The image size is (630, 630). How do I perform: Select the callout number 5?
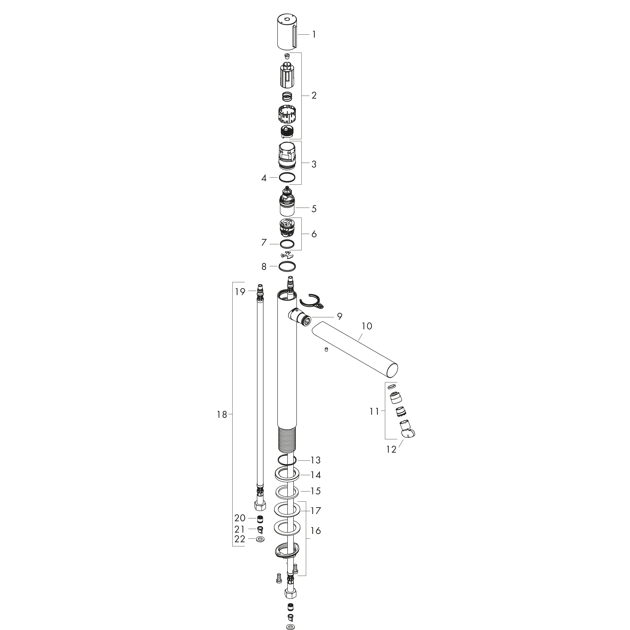pyautogui.click(x=314, y=209)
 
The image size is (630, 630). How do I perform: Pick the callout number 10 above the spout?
pyautogui.click(x=367, y=326)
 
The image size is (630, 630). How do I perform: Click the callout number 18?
pyautogui.click(x=222, y=415)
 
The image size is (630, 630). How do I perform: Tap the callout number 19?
pyautogui.click(x=240, y=291)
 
